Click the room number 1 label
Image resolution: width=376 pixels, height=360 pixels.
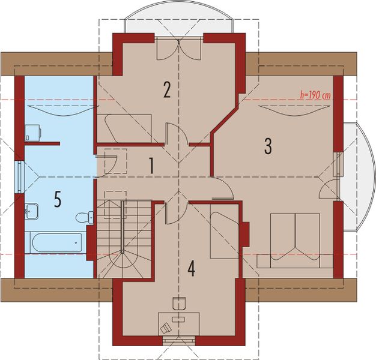[x=151, y=166]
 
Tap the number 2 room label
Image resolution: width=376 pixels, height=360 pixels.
[x=167, y=89]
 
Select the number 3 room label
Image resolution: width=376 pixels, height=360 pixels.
[x=268, y=146]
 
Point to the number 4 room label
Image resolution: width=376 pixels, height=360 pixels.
[x=191, y=269]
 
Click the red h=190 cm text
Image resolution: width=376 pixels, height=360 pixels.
[x=315, y=95]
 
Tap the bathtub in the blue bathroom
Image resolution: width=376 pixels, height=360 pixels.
[x=56, y=242]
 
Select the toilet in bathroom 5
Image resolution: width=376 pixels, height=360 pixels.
[x=85, y=217]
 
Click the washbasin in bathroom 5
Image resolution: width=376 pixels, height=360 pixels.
[x=31, y=211]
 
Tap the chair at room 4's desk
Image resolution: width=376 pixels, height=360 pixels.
[x=179, y=303]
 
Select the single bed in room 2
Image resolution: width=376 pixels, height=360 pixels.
[x=124, y=128]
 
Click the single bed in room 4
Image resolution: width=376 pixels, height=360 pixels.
[x=225, y=232]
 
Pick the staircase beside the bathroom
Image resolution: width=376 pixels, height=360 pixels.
[x=124, y=239]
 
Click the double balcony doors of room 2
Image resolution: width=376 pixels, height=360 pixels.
[x=179, y=48]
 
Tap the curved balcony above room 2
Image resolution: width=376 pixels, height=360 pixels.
[x=179, y=17]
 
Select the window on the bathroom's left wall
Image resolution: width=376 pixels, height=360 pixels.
[x=19, y=177]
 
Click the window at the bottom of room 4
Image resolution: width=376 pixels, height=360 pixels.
[x=179, y=341]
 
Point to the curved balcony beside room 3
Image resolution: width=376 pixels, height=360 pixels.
[x=359, y=177]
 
